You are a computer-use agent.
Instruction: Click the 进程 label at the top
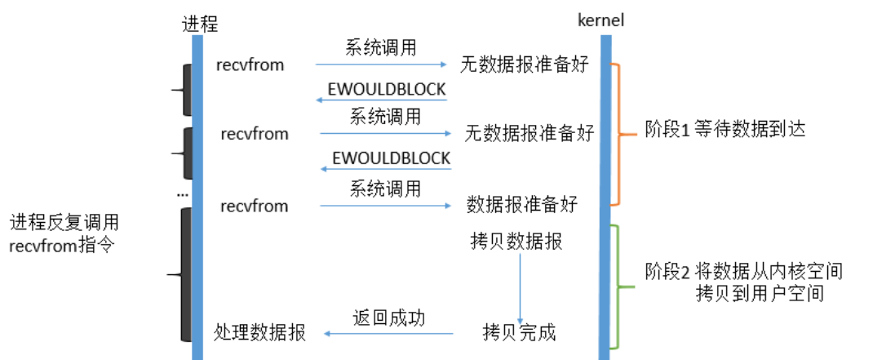[200, 23]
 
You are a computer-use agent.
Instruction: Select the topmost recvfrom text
[250, 64]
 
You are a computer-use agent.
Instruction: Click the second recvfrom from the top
[254, 133]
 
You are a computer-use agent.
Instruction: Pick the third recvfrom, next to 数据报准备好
[254, 205]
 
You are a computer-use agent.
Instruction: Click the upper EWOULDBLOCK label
[386, 88]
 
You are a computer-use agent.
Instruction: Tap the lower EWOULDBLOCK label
[391, 158]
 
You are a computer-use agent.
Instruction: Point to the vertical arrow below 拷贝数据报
[520, 286]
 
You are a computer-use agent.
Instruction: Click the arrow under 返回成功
[388, 333]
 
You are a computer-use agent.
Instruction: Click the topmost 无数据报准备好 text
[524, 64]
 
